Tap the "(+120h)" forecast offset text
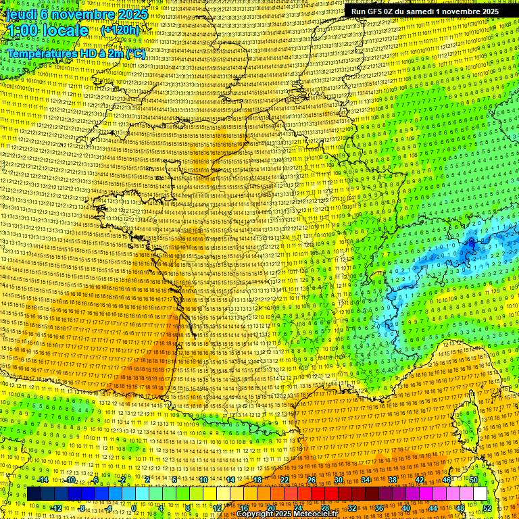(120, 30)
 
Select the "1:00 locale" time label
(48, 30)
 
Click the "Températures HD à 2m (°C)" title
(76, 53)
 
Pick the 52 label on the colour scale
(487, 508)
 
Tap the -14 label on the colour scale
(43, 480)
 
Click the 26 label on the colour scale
(312, 480)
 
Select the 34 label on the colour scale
(366, 480)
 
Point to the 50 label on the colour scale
(473, 480)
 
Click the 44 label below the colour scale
(432, 508)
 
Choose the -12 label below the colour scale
(57, 508)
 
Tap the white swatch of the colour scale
(480, 494)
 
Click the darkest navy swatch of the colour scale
(34, 494)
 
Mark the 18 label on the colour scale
(257, 480)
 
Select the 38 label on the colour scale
(393, 480)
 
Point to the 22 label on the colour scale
(285, 480)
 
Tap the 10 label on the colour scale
(203, 480)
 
